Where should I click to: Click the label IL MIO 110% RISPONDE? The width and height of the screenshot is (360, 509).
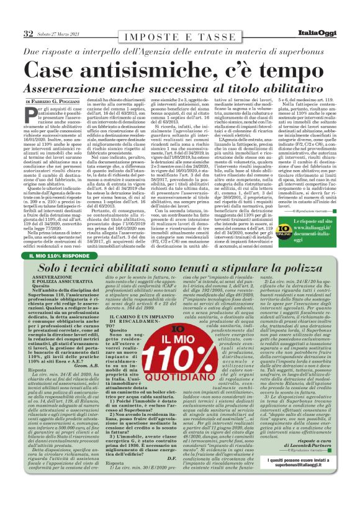coord(59,254)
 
